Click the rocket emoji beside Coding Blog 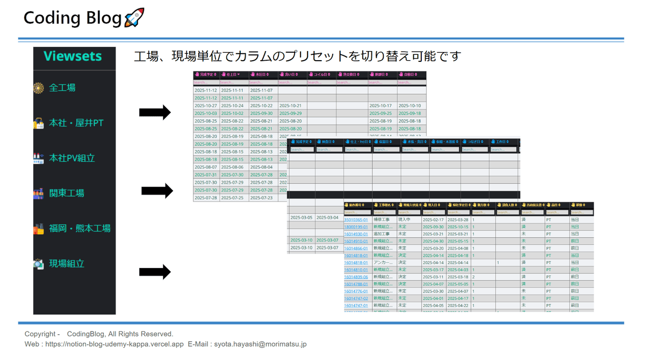[x=134, y=18]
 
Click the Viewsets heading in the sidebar [x=73, y=56]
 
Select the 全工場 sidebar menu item [x=62, y=88]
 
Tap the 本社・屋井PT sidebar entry [x=76, y=123]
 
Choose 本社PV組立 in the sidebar [x=71, y=158]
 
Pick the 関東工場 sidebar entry [x=67, y=193]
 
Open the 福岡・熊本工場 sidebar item [x=80, y=228]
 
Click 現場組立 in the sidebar [x=67, y=264]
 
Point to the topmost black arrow [x=155, y=112]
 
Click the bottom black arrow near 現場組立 [x=155, y=272]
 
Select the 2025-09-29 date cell [x=291, y=113]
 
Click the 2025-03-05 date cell [x=302, y=218]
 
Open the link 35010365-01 [x=356, y=220]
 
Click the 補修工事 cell [x=382, y=220]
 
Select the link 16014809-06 [x=356, y=277]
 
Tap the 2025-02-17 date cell [x=434, y=220]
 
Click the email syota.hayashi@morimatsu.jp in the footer [x=261, y=344]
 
